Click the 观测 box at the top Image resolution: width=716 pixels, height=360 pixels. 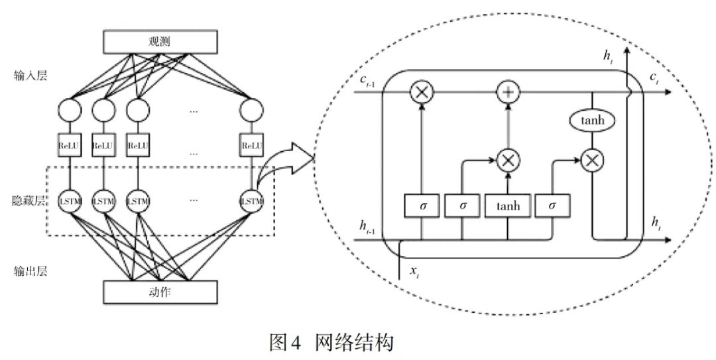coord(160,42)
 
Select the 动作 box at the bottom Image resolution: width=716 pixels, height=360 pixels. coord(160,290)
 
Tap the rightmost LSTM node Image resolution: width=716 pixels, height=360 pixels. coord(251,200)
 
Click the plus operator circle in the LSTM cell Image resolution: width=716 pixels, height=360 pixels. coord(508,93)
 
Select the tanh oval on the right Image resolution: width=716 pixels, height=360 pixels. coord(591,121)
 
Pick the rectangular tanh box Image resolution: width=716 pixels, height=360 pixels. coord(508,206)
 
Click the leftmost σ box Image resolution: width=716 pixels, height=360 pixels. coord(422,206)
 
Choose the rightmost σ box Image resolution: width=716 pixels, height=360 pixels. coord(551,206)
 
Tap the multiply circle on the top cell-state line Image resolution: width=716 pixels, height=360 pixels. coord(422,93)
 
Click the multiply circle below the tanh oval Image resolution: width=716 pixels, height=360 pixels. coord(591,159)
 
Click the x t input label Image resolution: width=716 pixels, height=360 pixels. coord(415,271)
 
